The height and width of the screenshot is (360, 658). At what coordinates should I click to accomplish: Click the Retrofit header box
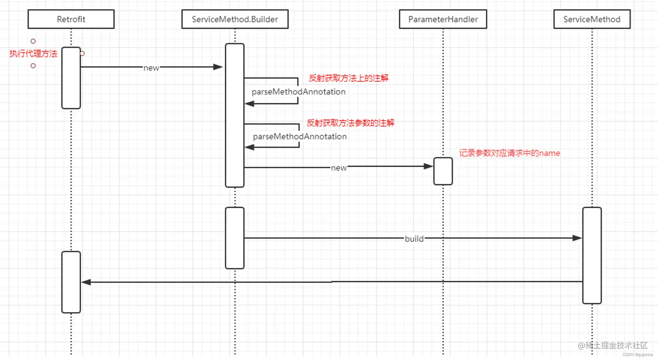click(x=71, y=19)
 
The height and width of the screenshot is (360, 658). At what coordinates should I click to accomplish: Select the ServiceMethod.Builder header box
click(x=235, y=19)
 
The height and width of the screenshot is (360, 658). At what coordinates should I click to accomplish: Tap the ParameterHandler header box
click(x=443, y=19)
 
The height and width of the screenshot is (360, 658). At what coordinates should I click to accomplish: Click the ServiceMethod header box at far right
click(x=591, y=19)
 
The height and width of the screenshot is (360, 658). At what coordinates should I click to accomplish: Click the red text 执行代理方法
click(x=34, y=54)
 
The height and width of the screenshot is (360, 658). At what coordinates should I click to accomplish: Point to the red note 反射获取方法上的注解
click(x=348, y=78)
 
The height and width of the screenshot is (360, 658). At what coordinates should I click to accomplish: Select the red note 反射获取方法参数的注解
click(x=350, y=123)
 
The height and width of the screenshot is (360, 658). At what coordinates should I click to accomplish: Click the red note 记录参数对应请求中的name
click(x=509, y=153)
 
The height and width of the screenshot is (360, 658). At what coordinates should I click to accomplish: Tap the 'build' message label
click(x=414, y=239)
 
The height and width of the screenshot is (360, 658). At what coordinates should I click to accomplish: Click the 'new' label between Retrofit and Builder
click(x=151, y=68)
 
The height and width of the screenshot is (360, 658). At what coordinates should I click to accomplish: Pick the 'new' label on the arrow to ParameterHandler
click(x=339, y=168)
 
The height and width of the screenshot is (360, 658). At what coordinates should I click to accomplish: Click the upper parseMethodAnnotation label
click(x=299, y=92)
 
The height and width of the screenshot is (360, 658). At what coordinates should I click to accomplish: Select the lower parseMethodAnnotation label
click(x=300, y=136)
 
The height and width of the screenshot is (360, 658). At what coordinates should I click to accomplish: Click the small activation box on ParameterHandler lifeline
click(x=443, y=171)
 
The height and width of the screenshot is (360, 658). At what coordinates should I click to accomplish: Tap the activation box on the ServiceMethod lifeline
click(x=592, y=255)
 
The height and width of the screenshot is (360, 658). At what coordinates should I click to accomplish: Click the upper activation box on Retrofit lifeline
click(x=71, y=78)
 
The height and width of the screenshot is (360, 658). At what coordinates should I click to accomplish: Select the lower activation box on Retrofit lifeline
click(x=71, y=282)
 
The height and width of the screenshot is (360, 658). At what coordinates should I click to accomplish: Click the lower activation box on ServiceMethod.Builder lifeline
click(x=235, y=238)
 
